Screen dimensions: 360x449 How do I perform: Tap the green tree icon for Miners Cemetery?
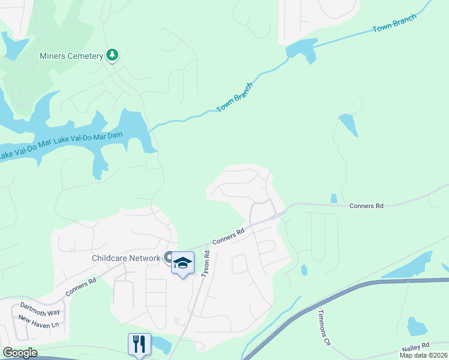[x=112, y=56]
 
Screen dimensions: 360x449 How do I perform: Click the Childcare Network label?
[x=126, y=259]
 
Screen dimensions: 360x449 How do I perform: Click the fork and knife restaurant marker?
[x=139, y=344]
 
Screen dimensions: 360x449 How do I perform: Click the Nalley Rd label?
[x=417, y=346]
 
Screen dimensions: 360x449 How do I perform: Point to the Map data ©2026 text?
[x=424, y=355]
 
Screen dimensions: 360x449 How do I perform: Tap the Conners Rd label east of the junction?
[x=366, y=206]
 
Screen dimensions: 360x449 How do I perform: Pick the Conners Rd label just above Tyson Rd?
[x=228, y=236]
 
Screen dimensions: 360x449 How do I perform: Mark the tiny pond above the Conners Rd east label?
[x=334, y=198]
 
